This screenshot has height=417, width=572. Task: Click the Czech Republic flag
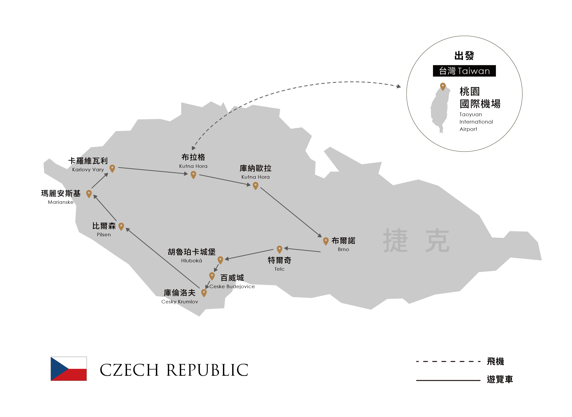[x=69, y=369]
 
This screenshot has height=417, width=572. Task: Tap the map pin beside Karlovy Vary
[x=112, y=169]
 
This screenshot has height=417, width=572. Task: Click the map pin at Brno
[x=326, y=241]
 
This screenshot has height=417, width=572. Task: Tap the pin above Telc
[x=279, y=249]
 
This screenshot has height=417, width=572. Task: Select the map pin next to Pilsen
[x=121, y=227]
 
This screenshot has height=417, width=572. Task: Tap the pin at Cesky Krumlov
[x=204, y=293]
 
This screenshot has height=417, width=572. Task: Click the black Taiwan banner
[x=464, y=71]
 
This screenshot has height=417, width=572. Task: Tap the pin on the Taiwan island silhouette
[x=443, y=87]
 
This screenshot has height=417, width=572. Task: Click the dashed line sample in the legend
[x=448, y=361]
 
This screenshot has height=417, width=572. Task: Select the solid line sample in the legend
[x=448, y=380]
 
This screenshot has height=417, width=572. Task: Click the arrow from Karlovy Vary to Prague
[x=153, y=171]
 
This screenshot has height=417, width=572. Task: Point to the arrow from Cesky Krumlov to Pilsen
[x=163, y=258]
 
